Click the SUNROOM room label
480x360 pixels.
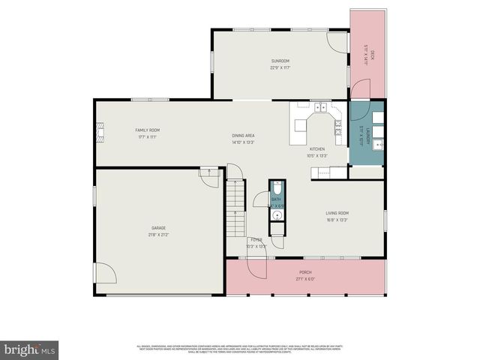pos(280,61)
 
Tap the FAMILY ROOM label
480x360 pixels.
pos(147,130)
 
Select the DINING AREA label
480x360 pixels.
pos(243,136)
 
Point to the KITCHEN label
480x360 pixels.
pos(317,149)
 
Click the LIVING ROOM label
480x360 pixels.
pos(337,213)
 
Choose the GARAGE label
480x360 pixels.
pos(158,228)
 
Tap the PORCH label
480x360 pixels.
pos(305,272)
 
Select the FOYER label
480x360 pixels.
pos(256,240)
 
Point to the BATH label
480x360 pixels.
pos(276,199)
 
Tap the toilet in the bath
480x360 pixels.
pos(277,187)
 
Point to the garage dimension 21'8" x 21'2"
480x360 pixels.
pos(158,235)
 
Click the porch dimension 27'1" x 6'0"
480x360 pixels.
pos(305,279)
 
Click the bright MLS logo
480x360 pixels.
pos(30,349)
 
